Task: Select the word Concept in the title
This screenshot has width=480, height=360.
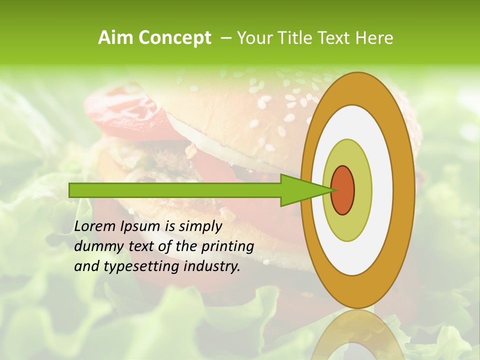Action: tap(174, 37)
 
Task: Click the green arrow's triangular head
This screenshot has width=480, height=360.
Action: tap(300, 190)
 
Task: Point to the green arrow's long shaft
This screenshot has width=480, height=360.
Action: tap(175, 190)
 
